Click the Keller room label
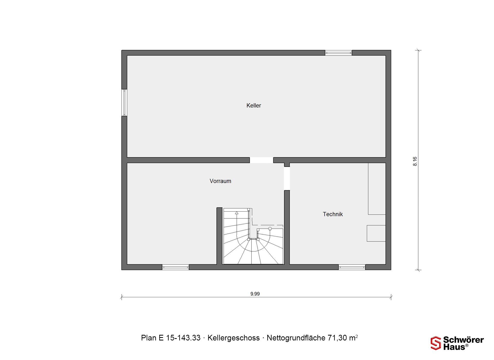254,105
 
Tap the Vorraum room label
220,181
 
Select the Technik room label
333,214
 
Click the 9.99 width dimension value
255,294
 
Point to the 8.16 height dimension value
415,161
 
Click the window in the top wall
338,53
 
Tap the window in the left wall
124,103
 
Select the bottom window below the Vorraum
175,267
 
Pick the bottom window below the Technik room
352,267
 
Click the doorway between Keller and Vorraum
261,160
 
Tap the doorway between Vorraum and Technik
287,178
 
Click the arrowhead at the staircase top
237,213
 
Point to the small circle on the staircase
270,229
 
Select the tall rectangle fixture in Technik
377,189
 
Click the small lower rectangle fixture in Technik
376,233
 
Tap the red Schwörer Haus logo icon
436,343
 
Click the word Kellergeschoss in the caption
234,338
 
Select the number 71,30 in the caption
337,338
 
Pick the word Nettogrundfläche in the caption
296,338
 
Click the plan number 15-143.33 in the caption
183,338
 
